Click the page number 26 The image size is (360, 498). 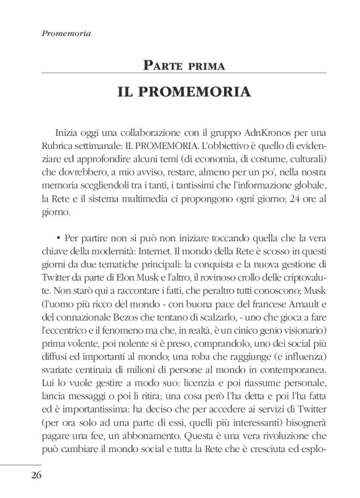coord(31,475)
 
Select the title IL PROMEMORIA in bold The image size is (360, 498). coord(183,92)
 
